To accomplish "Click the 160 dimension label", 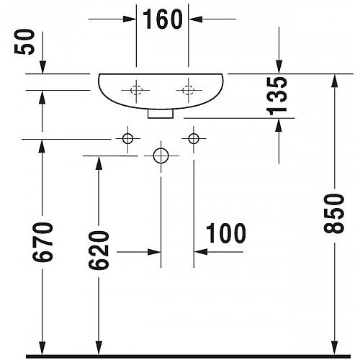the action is tap(163, 19).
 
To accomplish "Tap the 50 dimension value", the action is tap(24, 42).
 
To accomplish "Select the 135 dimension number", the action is tap(276, 96).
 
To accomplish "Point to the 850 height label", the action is tap(333, 214).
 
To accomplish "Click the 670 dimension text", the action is tap(42, 242).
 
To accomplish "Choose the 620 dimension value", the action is tap(99, 250).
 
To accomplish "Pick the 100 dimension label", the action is tap(226, 233).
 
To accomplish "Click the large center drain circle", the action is tap(161, 156).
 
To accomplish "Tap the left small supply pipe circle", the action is tap(127, 138).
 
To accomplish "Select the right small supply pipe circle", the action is tap(194, 138).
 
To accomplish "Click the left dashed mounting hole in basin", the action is tap(136, 90).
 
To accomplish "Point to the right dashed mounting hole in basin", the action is tap(188, 90).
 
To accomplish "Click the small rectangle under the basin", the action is tap(161, 114).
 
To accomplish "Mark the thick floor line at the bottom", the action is tap(188, 356).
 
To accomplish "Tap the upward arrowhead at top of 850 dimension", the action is tap(334, 81).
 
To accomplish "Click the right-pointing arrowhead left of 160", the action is tap(130, 19).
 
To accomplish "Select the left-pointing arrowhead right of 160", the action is tap(195, 19).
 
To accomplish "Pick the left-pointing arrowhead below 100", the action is tap(201, 252).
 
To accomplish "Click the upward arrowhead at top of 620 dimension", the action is tap(99, 163).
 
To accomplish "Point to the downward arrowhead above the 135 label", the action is tap(279, 67).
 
